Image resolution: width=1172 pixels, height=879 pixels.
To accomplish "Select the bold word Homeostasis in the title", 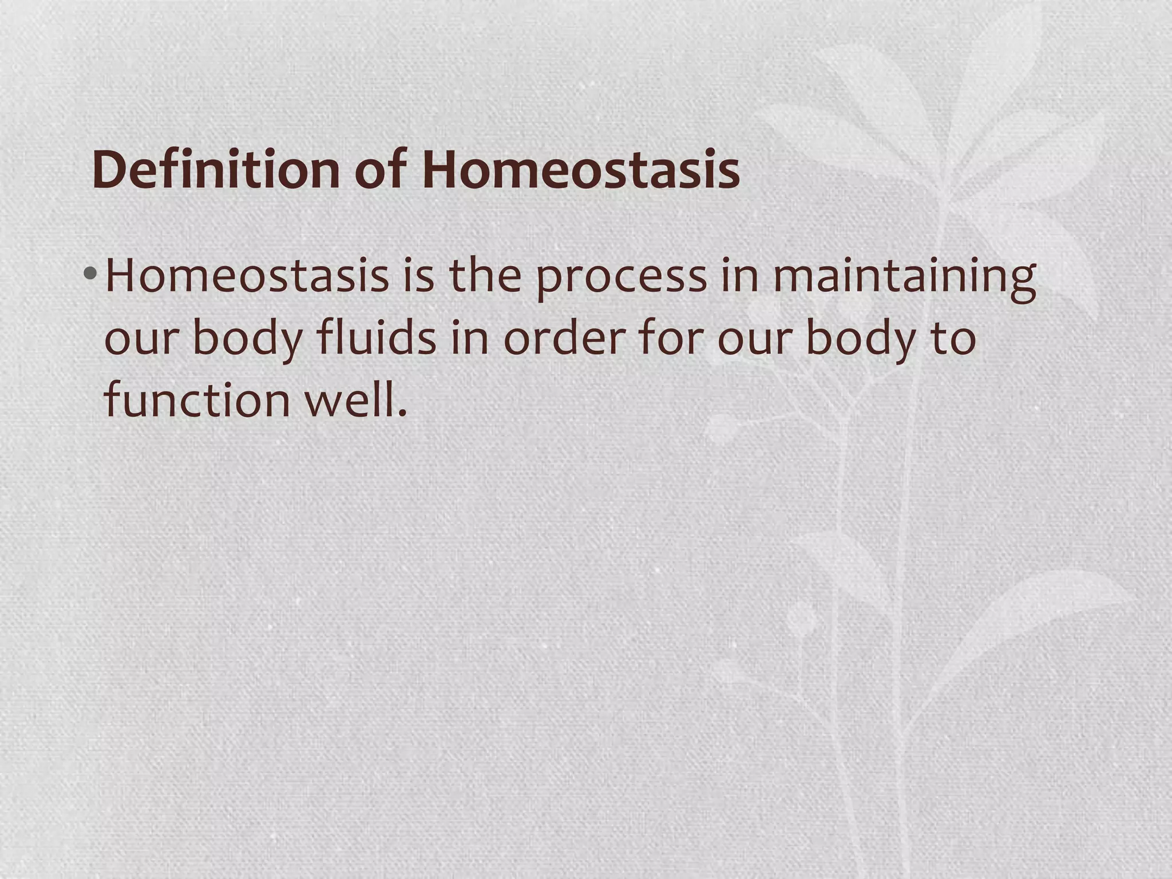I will coord(580,171).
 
